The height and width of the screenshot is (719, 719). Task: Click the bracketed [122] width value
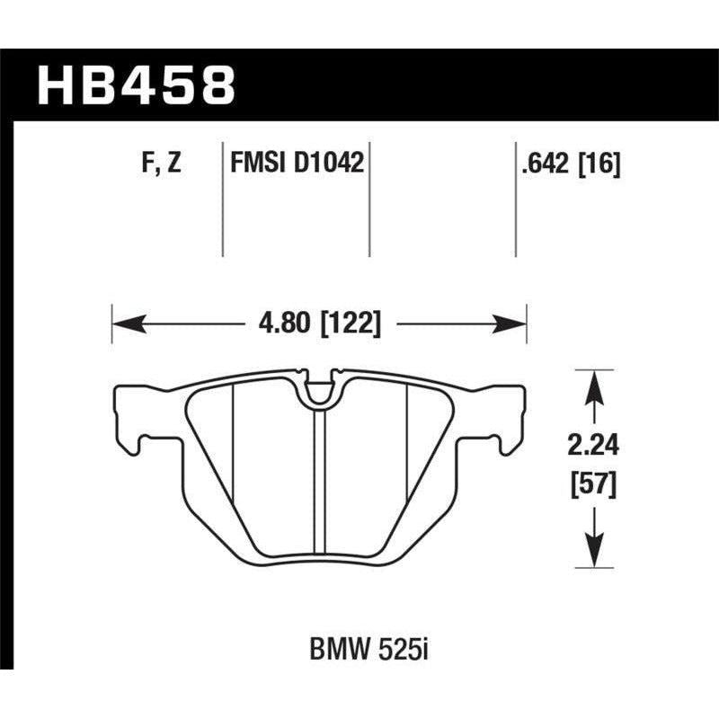351,322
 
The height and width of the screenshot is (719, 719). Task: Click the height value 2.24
591,444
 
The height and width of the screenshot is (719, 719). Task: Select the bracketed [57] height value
591,486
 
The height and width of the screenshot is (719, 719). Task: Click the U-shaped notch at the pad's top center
319,388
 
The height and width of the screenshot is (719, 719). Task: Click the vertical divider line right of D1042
369,198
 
